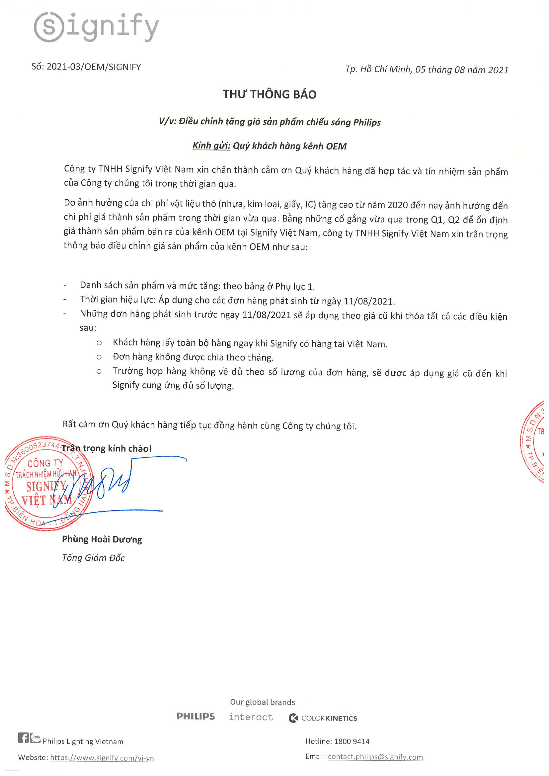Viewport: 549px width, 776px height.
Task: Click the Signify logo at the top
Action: point(96,27)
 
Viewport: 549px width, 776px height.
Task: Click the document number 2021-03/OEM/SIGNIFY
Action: point(93,67)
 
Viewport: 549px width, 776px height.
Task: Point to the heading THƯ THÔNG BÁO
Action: point(270,94)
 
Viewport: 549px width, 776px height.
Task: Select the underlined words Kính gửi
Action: point(211,146)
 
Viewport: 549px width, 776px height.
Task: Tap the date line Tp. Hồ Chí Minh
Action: point(427,70)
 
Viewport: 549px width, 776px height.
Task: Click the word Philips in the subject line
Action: point(367,122)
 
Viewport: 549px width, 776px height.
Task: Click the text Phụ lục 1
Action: point(295,287)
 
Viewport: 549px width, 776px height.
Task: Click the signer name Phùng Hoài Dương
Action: point(102,539)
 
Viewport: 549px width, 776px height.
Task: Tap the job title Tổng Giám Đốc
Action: point(93,558)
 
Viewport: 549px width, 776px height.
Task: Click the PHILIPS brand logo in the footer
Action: point(196,716)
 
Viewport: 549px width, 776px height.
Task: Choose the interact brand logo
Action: point(251,717)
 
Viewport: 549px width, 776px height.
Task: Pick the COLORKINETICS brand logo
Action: point(323,718)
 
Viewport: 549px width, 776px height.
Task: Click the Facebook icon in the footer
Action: point(23,738)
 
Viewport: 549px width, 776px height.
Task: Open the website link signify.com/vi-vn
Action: point(102,758)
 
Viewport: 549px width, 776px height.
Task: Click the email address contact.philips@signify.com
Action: point(375,757)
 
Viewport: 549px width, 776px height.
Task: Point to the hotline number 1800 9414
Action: point(352,742)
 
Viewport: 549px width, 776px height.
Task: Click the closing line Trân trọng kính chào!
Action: point(107,448)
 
